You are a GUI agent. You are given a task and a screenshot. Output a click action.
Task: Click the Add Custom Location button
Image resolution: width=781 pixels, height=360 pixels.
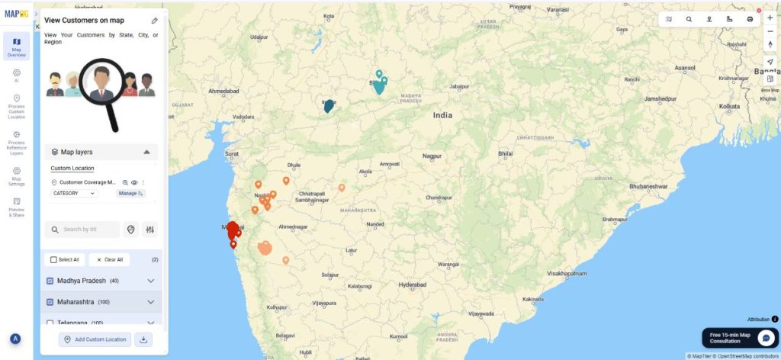tap(95, 339)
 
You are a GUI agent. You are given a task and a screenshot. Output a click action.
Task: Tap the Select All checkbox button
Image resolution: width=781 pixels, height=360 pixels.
tap(53, 259)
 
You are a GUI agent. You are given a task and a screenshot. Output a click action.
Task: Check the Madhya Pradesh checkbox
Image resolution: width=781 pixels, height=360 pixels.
tap(50, 281)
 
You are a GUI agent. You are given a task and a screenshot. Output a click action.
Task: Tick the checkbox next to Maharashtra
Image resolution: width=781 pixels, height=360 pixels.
tap(50, 302)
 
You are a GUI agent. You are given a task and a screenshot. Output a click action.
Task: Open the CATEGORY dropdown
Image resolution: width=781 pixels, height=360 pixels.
tap(74, 193)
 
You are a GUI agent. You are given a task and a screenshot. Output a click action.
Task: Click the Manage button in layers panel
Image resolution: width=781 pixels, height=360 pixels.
tap(130, 193)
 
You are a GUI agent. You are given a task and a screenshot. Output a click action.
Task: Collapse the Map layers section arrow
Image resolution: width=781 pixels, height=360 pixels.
tap(146, 152)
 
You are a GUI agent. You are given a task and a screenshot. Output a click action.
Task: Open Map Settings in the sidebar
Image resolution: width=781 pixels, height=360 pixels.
tap(16, 176)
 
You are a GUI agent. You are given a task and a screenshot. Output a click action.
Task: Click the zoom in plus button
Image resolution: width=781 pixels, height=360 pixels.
tap(770, 18)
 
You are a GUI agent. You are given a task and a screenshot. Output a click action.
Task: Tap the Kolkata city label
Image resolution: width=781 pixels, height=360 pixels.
tap(729, 106)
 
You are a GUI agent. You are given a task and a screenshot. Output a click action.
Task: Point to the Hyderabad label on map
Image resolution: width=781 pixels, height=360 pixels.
tap(412, 284)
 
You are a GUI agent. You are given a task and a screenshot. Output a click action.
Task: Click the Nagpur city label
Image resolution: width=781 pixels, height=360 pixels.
tap(432, 156)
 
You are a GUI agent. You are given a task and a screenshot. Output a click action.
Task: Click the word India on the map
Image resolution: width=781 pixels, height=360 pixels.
tap(442, 115)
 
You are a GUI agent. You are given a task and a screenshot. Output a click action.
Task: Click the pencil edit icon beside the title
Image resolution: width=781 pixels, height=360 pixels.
tap(155, 21)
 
